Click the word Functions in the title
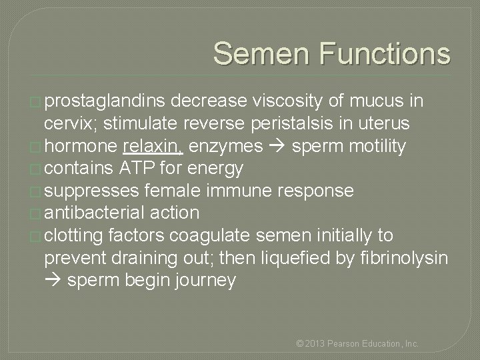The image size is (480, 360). click(385, 54)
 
